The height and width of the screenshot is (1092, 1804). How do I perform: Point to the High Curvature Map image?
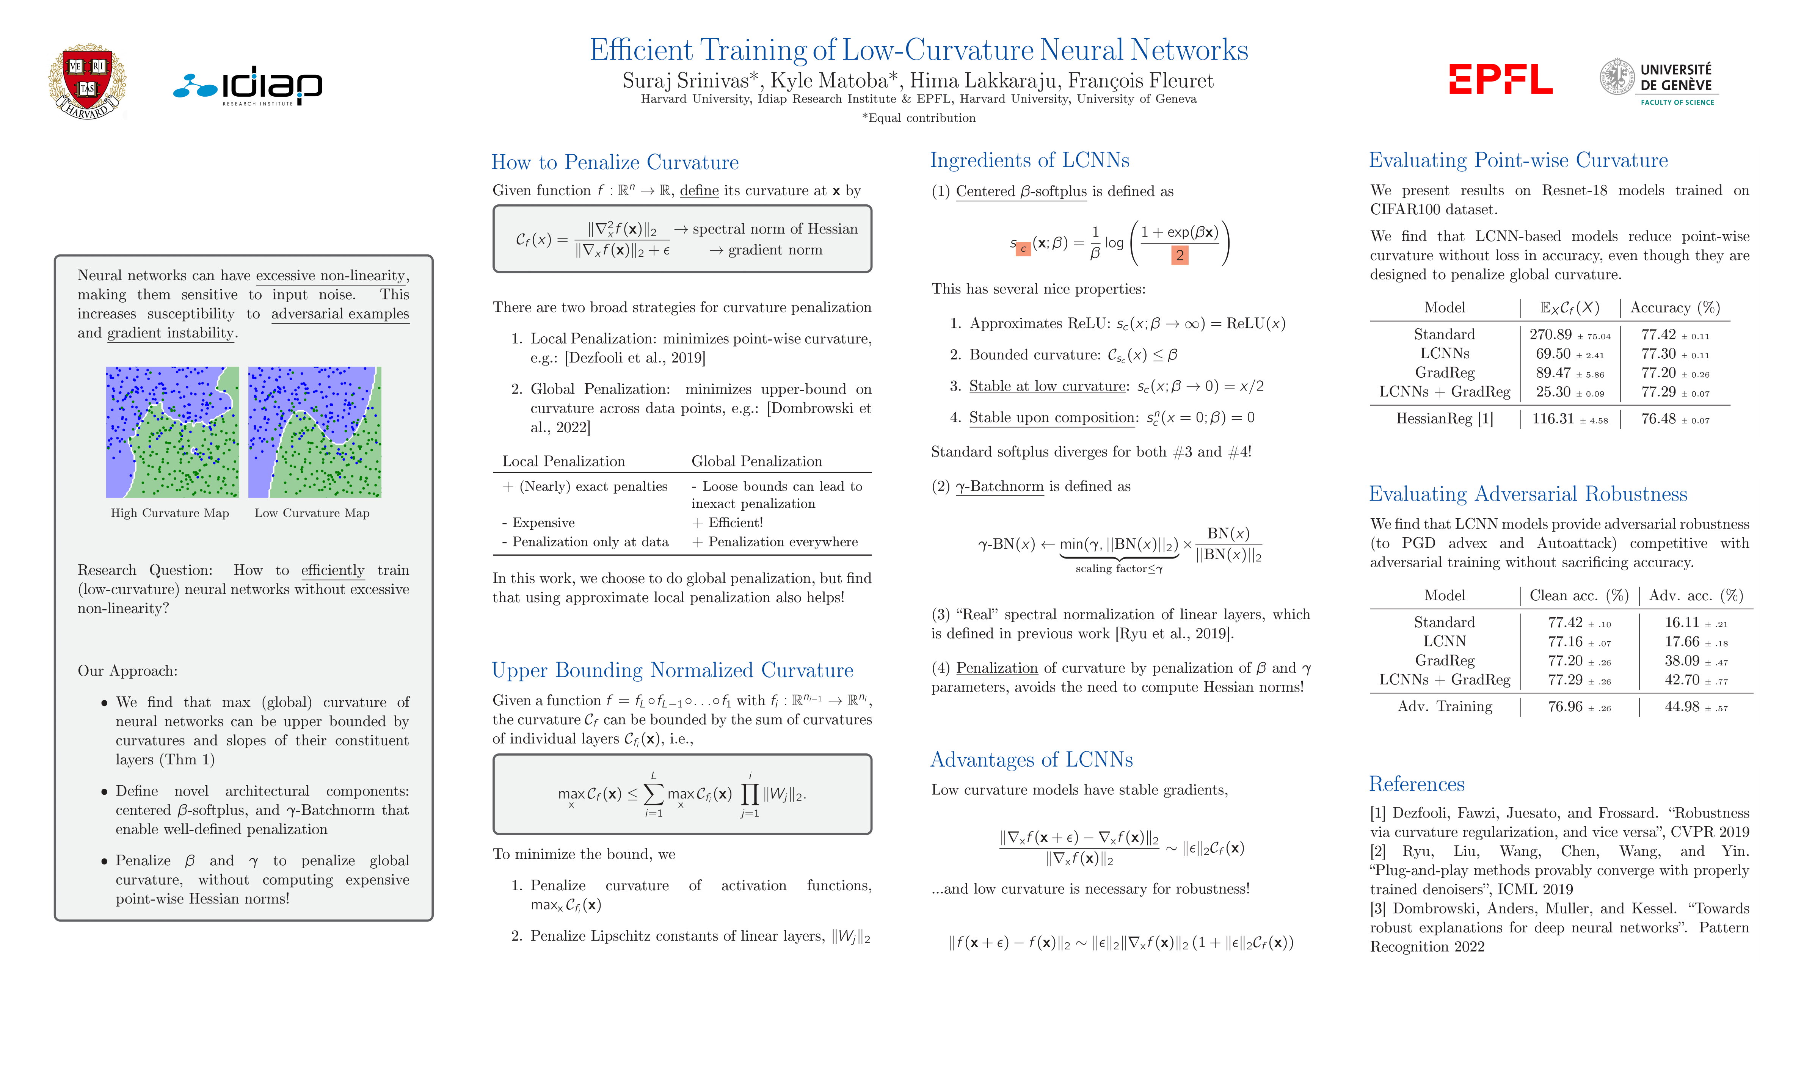pos(172,432)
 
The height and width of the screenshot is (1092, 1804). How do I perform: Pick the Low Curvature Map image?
pos(315,432)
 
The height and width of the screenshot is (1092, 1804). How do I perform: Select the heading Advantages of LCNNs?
pos(1031,759)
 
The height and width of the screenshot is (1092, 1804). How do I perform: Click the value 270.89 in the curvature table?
pos(1550,335)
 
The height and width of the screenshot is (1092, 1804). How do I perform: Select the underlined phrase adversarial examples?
pos(340,314)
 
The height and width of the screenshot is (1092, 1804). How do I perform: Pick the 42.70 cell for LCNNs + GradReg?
pos(1682,680)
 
